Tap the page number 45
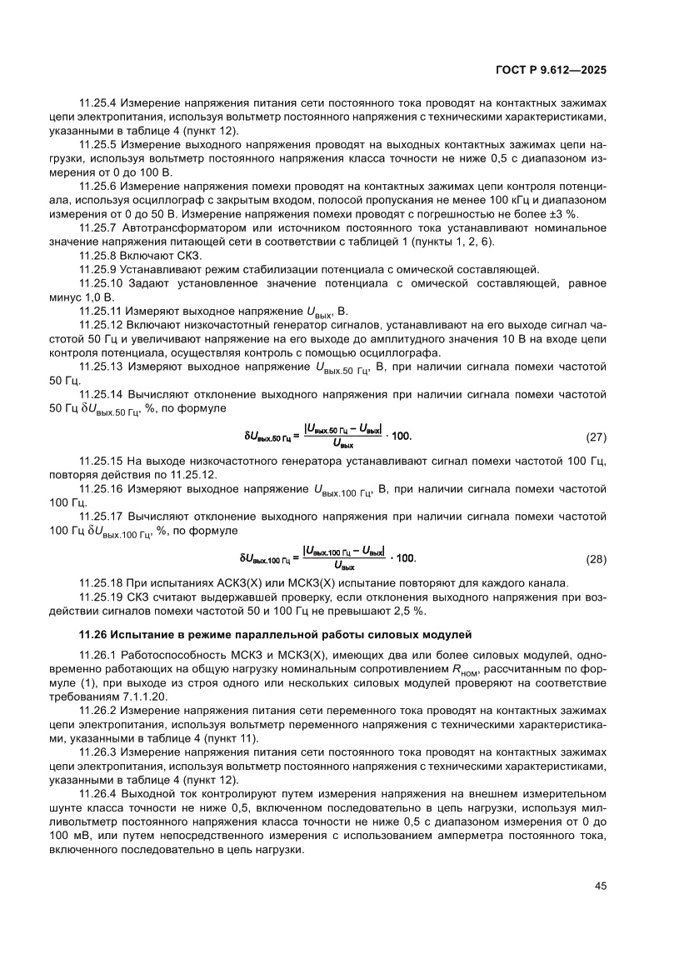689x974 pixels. (600, 886)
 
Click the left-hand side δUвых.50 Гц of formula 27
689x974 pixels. (267, 436)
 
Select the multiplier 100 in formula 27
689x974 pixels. (401, 436)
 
